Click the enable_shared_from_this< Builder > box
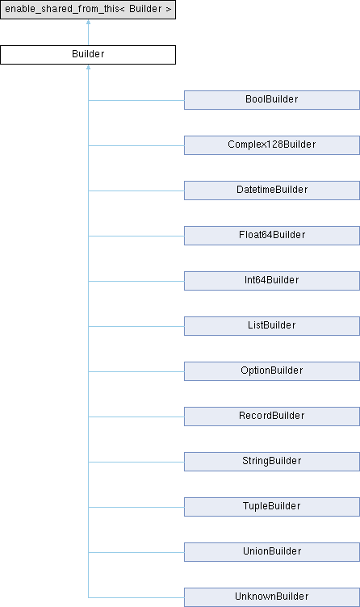[x=88, y=10]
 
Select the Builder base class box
[x=88, y=55]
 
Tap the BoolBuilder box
[x=272, y=100]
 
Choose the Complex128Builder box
[x=272, y=145]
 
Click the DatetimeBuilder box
[x=272, y=190]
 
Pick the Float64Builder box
[x=272, y=236]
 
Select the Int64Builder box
[x=272, y=281]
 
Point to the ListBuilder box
[x=272, y=326]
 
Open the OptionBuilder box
[x=272, y=371]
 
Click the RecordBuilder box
[x=272, y=417]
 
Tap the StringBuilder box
[x=272, y=462]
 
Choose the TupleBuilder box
[x=272, y=507]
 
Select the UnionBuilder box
[x=272, y=552]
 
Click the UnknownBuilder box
[x=272, y=597]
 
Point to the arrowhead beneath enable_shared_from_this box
[x=88, y=22]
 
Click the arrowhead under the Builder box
[x=88, y=67]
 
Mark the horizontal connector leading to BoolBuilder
[x=136, y=101]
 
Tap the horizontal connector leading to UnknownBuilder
[x=136, y=597]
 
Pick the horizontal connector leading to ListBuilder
[x=136, y=326]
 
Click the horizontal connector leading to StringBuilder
[x=136, y=462]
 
